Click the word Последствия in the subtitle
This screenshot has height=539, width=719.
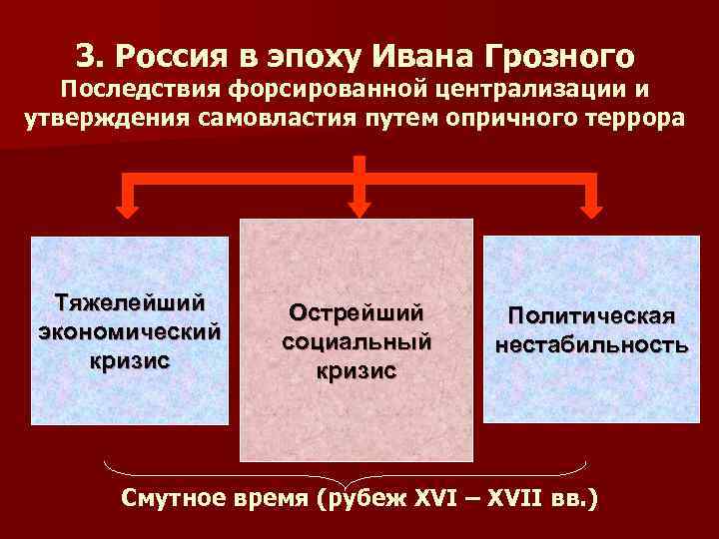(139, 90)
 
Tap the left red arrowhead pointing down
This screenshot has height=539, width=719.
(128, 208)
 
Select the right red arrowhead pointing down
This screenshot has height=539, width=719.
(592, 208)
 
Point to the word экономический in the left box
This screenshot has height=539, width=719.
(129, 328)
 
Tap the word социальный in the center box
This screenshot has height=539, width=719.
(356, 340)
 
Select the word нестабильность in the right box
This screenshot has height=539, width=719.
(590, 345)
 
